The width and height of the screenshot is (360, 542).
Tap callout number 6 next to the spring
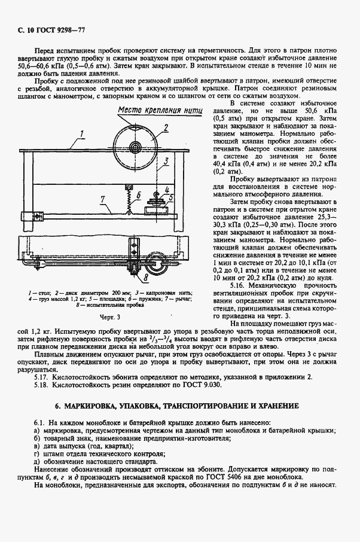pos(138,194)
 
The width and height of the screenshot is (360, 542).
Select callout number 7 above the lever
pos(102,199)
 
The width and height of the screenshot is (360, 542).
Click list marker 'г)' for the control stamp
pos(37,453)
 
